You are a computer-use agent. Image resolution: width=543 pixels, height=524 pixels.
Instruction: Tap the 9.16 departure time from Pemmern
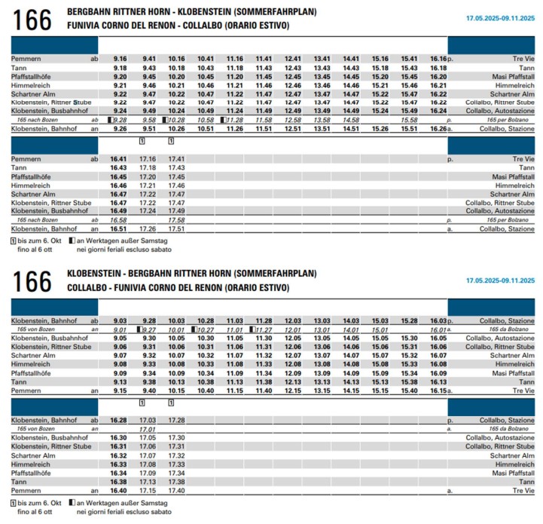click(x=120, y=58)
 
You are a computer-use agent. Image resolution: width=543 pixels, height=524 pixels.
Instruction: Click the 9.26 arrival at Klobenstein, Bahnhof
click(x=120, y=129)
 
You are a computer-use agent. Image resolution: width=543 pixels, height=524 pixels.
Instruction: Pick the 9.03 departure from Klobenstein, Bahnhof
click(x=120, y=320)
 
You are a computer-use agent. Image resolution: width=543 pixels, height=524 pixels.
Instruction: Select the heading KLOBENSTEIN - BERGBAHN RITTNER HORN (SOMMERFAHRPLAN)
click(x=191, y=273)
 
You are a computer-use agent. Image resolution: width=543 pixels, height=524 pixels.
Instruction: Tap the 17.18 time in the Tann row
click(x=148, y=167)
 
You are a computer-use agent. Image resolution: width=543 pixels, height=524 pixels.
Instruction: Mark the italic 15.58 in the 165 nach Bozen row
click(x=410, y=120)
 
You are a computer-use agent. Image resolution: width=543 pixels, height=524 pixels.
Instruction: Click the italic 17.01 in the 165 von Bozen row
click(x=148, y=429)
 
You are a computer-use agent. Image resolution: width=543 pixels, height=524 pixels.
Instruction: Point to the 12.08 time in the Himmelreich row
click(x=293, y=364)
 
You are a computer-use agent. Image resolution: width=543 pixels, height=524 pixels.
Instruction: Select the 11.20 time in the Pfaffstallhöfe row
click(x=234, y=76)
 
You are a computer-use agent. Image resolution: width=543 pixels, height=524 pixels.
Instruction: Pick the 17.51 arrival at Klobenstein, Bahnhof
click(x=176, y=228)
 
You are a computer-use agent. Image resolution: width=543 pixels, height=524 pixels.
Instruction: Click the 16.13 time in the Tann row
click(x=438, y=382)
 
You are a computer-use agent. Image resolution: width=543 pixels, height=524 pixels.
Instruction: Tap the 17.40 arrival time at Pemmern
click(x=176, y=490)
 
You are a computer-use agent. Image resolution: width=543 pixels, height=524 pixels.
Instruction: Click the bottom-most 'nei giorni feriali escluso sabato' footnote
click(x=124, y=512)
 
